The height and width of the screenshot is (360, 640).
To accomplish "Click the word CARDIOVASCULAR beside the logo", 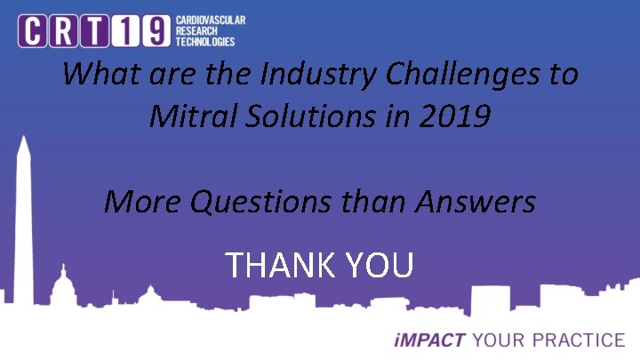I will coord(210,20).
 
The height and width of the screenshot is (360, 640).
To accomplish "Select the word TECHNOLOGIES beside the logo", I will coord(205,42).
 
